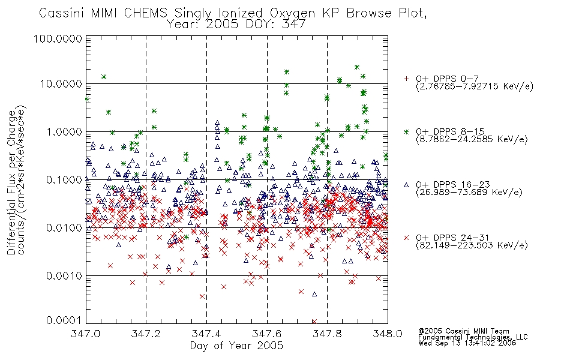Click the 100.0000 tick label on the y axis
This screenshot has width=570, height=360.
pyautogui.click(x=58, y=38)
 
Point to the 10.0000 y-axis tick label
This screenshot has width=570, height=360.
pyautogui.click(x=61, y=84)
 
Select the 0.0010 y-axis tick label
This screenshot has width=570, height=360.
pyautogui.click(x=64, y=276)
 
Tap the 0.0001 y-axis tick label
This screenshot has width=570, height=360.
pyautogui.click(x=64, y=320)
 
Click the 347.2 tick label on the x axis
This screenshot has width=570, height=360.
pyautogui.click(x=146, y=334)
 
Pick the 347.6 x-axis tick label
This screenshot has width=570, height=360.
pyautogui.click(x=267, y=334)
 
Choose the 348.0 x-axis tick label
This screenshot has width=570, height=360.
pyautogui.click(x=388, y=334)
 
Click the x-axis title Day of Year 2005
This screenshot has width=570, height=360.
pyautogui.click(x=236, y=346)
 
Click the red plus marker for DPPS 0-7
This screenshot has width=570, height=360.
pyautogui.click(x=406, y=79)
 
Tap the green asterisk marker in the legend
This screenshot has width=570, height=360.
pyautogui.click(x=406, y=131)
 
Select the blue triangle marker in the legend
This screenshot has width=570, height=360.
pyautogui.click(x=406, y=185)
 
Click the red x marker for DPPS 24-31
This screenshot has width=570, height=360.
pyautogui.click(x=406, y=238)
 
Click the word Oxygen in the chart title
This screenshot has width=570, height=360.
pyautogui.click(x=292, y=13)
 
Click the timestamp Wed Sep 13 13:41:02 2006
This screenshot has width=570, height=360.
pyautogui.click(x=467, y=343)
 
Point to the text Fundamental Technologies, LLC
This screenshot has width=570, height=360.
pyautogui.click(x=473, y=337)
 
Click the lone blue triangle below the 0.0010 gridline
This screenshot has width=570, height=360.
pyautogui.click(x=314, y=294)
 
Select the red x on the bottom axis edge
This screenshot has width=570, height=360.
pyautogui.click(x=314, y=322)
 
